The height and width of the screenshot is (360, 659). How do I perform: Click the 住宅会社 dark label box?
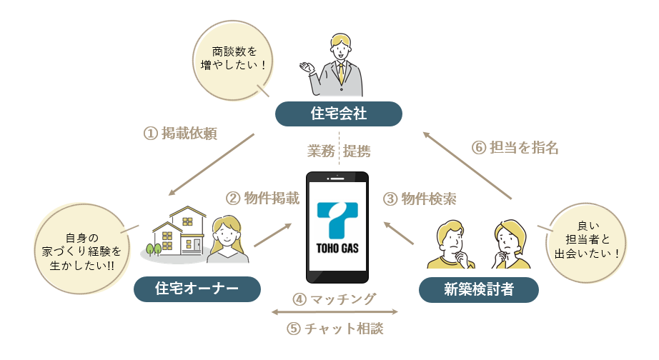[x=338, y=114]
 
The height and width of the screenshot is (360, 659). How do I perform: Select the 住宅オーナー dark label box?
[x=197, y=289]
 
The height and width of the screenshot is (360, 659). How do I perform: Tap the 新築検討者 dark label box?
[x=479, y=289]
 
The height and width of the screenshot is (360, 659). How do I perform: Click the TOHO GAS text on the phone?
[x=337, y=249]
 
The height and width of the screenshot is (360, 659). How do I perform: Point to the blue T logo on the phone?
[x=337, y=220]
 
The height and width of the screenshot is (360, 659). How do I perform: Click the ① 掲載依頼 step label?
[x=180, y=134]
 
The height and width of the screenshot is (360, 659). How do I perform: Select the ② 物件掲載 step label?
[x=263, y=199]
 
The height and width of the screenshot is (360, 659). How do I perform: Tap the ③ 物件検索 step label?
[x=420, y=199]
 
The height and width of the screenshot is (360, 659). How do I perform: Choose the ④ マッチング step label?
[x=334, y=299]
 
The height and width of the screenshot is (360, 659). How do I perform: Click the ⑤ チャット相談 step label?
[x=335, y=329]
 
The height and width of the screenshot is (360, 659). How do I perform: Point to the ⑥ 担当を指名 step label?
[x=515, y=147]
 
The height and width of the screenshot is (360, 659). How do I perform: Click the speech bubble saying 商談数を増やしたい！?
[x=233, y=61]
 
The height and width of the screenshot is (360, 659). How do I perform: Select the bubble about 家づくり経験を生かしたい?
[x=81, y=249]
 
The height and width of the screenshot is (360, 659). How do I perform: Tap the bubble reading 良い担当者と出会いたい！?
[x=586, y=243]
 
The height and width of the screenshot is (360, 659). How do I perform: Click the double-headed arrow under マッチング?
[x=335, y=311]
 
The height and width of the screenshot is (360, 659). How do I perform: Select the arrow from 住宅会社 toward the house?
[x=212, y=165]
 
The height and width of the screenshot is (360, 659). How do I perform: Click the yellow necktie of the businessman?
[x=341, y=73]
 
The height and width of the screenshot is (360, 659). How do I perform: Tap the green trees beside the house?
[x=154, y=249]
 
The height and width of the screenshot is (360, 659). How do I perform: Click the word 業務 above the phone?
[x=321, y=151]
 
